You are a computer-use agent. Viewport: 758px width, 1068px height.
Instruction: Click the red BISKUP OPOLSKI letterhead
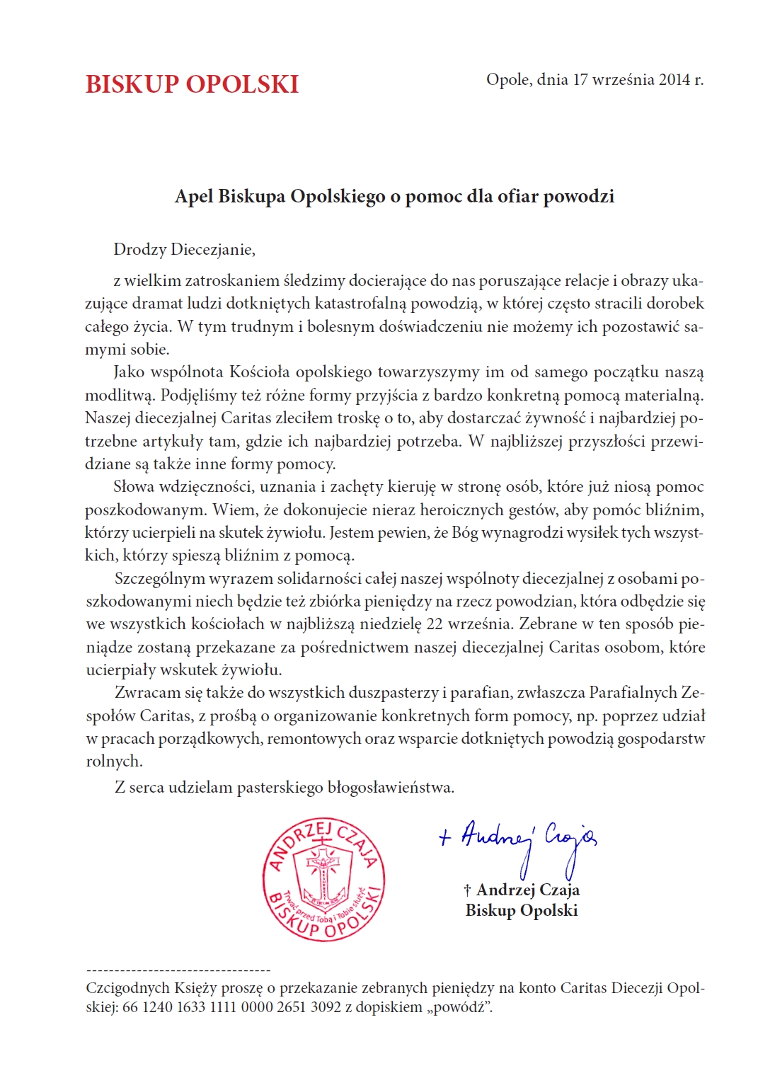pyautogui.click(x=192, y=84)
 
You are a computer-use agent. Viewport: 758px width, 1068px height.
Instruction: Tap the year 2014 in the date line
pyautogui.click(x=674, y=79)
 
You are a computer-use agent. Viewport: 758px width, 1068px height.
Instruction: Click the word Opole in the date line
pyautogui.click(x=509, y=79)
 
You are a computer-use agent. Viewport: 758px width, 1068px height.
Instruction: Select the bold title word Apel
pyautogui.click(x=193, y=196)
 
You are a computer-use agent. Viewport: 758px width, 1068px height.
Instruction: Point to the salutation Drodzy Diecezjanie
pyautogui.click(x=184, y=249)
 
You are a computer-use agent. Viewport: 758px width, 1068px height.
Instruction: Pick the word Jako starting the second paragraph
pyautogui.click(x=129, y=372)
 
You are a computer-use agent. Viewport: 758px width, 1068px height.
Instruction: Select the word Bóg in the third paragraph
pyautogui.click(x=464, y=533)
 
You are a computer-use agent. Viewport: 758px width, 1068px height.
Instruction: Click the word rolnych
pyautogui.click(x=113, y=762)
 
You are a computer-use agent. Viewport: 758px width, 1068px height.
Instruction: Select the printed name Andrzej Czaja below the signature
pyautogui.click(x=527, y=890)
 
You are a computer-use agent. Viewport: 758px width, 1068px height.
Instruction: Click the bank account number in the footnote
pyautogui.click(x=231, y=1006)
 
